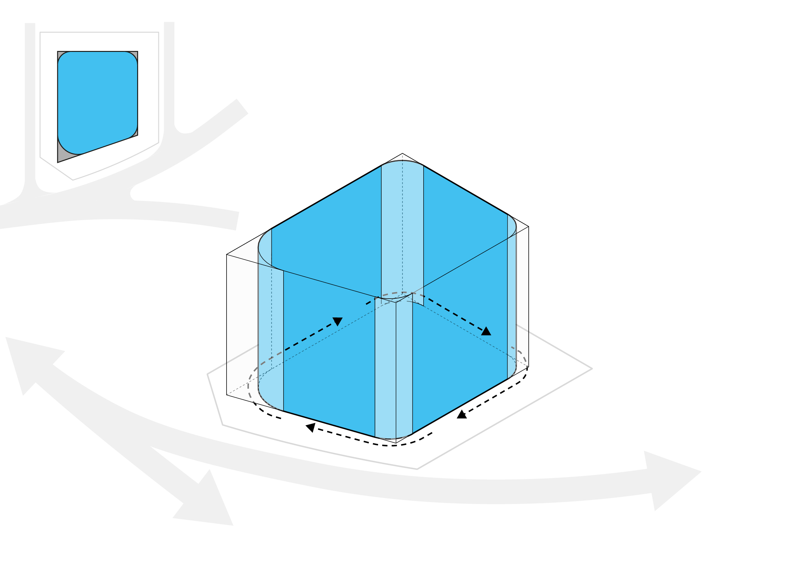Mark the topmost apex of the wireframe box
click(x=402, y=153)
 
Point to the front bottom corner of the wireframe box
click(x=396, y=443)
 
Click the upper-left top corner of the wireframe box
click(x=227, y=254)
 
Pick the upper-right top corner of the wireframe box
click(x=528, y=227)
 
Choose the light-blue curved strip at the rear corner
click(x=402, y=225)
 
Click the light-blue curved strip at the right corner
click(x=512, y=298)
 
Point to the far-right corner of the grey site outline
click(x=592, y=368)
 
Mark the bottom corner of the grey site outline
click(x=417, y=469)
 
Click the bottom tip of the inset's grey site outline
click(x=73, y=180)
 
